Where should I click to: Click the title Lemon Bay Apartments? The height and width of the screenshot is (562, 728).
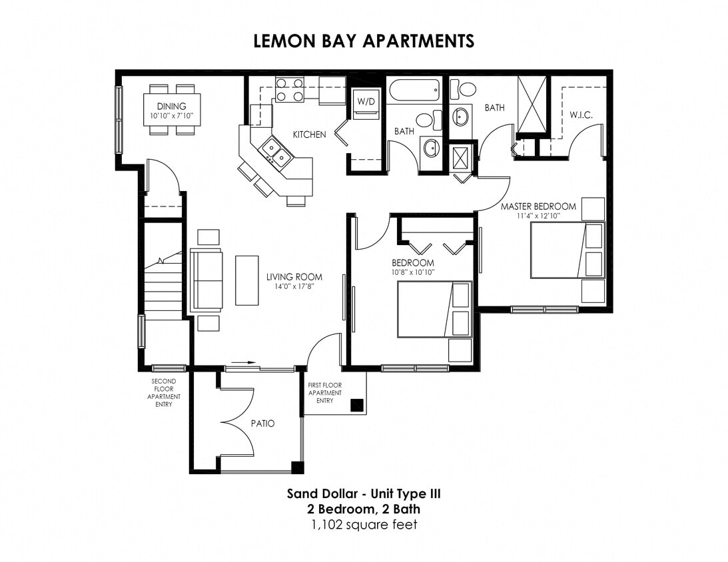[364, 41]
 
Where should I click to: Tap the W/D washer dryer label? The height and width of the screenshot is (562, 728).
[366, 102]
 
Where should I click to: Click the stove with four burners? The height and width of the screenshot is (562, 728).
[290, 90]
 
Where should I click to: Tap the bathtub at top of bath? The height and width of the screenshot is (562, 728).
[414, 90]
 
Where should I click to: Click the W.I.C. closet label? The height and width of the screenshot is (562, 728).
[581, 115]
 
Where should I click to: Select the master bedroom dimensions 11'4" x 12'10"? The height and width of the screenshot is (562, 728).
[538, 216]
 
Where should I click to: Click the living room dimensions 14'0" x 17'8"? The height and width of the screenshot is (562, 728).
[294, 286]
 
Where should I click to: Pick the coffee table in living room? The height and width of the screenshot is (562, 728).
[246, 280]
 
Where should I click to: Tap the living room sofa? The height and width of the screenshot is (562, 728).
[206, 280]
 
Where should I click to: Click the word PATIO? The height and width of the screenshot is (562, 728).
[262, 423]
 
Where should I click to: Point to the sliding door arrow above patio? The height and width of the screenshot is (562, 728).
[244, 363]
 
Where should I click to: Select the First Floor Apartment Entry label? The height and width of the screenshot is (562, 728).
[324, 393]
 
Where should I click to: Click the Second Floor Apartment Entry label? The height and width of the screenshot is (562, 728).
[163, 393]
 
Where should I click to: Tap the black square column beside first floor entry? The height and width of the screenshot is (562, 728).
[357, 404]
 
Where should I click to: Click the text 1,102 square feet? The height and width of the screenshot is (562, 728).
[364, 525]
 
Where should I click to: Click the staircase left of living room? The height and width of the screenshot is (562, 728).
[163, 283]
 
